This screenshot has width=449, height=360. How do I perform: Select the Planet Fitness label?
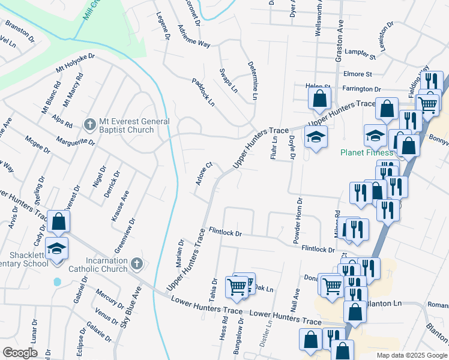coord(366,152)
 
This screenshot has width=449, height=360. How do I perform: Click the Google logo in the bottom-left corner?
coord(20,353)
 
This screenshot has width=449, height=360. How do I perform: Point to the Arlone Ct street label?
coord(203,173)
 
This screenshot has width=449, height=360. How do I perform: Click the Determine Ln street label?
coord(252,81)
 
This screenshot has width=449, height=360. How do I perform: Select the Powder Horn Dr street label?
coord(297,220)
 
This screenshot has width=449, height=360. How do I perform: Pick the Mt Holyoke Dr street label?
coord(76,64)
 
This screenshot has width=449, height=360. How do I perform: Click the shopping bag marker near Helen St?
coord(320,98)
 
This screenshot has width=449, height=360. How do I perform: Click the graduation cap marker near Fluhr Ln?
coord(315,137)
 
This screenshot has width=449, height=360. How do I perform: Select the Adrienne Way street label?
coord(194,36)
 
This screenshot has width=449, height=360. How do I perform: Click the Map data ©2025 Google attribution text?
coord(411,355)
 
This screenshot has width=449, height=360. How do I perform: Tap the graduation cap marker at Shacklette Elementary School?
coord(56,248)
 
